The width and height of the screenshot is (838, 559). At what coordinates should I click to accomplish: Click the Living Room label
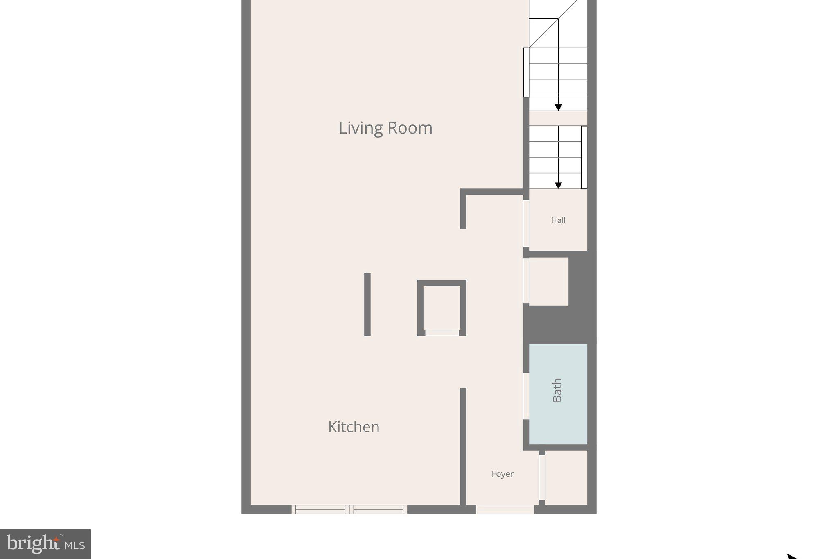click(x=385, y=128)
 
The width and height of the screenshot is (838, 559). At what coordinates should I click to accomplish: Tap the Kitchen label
click(x=354, y=427)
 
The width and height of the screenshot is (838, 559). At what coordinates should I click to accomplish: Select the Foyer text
click(x=502, y=474)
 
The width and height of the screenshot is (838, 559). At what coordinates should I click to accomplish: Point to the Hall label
click(x=558, y=220)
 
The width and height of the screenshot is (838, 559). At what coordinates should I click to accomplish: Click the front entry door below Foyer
click(x=505, y=509)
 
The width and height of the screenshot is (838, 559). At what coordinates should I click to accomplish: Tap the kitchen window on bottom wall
click(x=349, y=509)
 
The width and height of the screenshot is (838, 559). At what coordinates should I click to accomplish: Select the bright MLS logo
click(x=45, y=544)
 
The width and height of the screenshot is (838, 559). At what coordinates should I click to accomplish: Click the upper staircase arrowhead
click(x=558, y=107)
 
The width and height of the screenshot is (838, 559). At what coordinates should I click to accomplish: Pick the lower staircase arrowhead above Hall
click(x=558, y=186)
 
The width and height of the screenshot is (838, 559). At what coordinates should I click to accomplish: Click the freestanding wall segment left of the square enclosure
click(x=367, y=304)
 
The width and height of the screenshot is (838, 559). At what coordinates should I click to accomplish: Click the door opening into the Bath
click(x=526, y=396)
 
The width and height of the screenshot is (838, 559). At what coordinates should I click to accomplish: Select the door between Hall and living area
click(x=526, y=223)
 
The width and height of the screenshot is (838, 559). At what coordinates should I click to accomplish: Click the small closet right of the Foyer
click(x=566, y=478)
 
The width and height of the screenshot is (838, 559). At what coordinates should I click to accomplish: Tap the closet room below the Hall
click(x=549, y=281)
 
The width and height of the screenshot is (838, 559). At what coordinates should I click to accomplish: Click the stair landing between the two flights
click(x=558, y=118)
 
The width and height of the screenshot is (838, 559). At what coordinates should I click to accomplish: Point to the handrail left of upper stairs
click(x=526, y=72)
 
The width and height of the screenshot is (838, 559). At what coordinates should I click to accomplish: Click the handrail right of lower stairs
click(x=584, y=157)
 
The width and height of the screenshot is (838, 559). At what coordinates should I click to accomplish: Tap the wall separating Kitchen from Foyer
click(x=463, y=446)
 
